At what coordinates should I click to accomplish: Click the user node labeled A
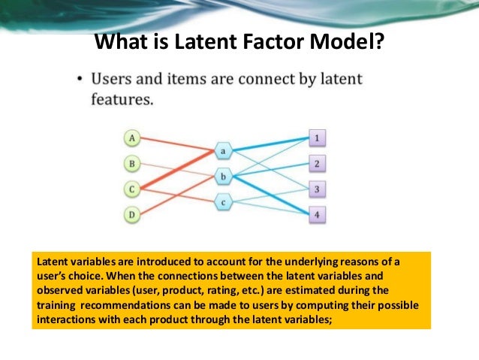[x=132, y=138]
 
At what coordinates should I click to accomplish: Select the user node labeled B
[x=132, y=163]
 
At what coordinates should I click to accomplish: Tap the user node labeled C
[x=132, y=189]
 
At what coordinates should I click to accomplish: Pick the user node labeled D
[x=132, y=216]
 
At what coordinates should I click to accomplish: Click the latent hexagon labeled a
[x=224, y=151]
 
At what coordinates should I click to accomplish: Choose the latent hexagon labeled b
[x=224, y=177]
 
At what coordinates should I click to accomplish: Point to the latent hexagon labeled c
[x=224, y=202]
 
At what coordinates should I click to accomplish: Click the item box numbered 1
[x=318, y=138]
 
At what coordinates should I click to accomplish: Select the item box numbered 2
[x=318, y=164]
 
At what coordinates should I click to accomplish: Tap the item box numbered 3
[x=318, y=189]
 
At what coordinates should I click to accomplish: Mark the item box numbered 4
[x=318, y=215]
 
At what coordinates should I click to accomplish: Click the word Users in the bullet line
[x=110, y=78]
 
